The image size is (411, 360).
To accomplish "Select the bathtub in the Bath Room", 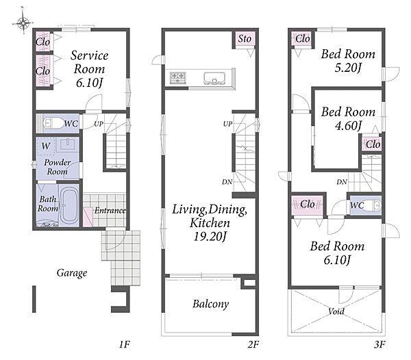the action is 68,205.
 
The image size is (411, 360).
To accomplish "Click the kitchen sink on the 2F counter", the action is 214,78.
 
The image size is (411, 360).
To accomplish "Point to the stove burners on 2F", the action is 177,78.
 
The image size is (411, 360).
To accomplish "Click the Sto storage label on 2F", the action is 245,39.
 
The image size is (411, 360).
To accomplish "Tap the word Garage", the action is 72,273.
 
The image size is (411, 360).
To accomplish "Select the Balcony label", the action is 211,304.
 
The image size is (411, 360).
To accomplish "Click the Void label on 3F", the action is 336,311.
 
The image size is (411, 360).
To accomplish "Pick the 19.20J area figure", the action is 210,237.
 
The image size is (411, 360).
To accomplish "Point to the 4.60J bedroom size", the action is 348,126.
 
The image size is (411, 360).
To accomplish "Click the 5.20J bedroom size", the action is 348,68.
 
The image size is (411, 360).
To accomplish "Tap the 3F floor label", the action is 379,344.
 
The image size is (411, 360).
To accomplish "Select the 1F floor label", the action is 125,344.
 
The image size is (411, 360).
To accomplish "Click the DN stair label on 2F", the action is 227,181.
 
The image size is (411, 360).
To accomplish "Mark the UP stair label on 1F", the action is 99,124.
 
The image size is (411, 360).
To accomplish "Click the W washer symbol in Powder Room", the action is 46,146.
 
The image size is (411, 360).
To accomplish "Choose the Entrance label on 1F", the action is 110,211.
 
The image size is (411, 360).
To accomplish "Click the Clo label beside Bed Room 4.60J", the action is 373,144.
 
